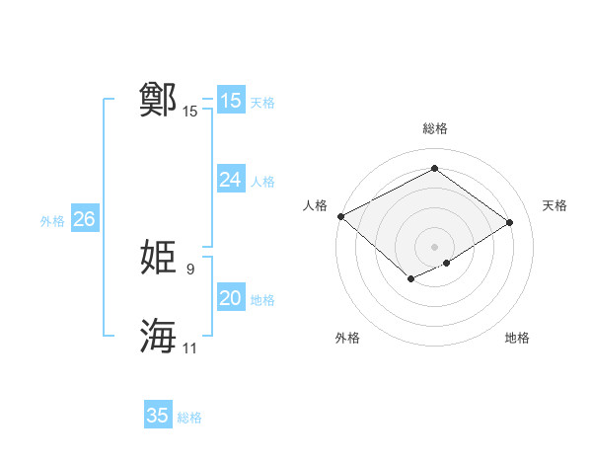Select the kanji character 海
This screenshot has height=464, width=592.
[158, 337]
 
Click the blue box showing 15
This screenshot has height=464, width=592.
[230, 101]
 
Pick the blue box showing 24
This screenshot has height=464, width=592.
[230, 180]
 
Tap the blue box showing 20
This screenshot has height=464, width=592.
[230, 298]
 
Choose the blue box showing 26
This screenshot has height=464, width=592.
[84, 219]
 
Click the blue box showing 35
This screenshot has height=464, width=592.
[158, 416]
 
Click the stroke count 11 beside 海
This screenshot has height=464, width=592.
[190, 348]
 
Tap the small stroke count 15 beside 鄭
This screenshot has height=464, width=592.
[190, 112]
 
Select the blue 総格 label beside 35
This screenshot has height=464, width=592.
[189, 418]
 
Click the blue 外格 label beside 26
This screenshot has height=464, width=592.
[52, 221]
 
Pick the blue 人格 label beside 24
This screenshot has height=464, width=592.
[262, 182]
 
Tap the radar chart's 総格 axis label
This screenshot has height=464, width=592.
[434, 129]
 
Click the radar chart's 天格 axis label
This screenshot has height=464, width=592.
[555, 205]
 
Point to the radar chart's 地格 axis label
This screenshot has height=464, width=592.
[517, 338]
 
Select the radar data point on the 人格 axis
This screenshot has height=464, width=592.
[340, 216]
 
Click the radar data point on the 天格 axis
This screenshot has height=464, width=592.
[510, 222]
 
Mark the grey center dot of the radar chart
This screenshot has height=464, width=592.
[434, 247]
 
